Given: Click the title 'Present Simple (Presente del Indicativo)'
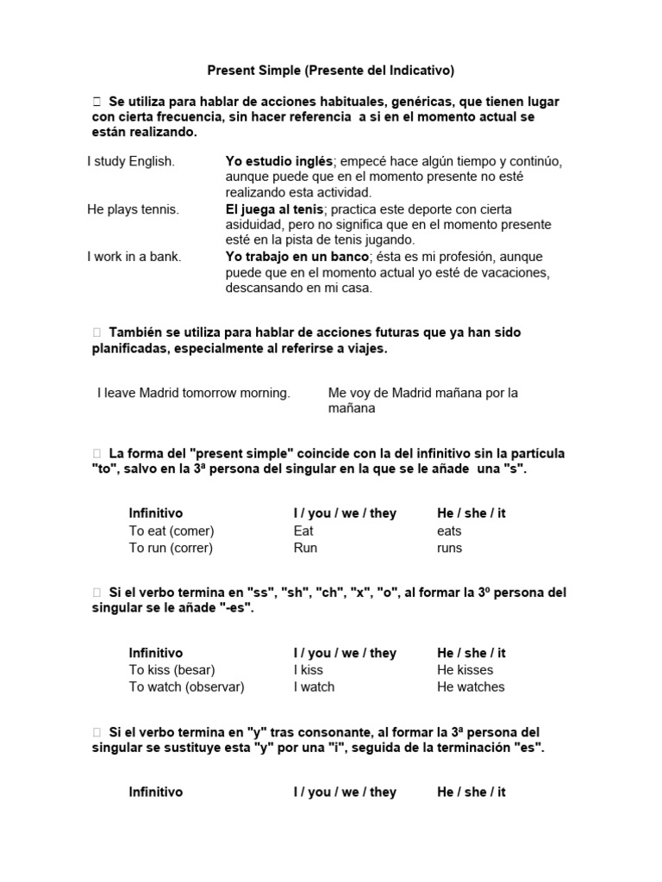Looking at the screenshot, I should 331,70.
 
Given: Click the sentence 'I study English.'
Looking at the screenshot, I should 131,161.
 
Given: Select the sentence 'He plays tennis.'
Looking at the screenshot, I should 133,209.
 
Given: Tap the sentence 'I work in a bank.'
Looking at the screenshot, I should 134,257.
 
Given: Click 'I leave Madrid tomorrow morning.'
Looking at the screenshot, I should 194,393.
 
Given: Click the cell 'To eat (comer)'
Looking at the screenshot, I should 172,531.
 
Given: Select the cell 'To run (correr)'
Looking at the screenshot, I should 171,548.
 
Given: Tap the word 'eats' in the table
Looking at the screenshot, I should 449,531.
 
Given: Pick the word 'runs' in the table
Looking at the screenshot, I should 449,548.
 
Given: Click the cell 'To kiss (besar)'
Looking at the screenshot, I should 172,669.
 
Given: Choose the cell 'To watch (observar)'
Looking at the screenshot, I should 187,686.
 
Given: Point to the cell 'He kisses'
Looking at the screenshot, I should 465,669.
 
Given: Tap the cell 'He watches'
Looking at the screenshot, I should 471,686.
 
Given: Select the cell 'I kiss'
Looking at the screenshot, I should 308,669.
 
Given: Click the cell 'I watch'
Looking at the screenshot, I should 314,686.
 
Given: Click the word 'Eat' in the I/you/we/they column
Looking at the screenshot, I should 303,531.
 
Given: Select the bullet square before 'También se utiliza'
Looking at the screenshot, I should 97,332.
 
